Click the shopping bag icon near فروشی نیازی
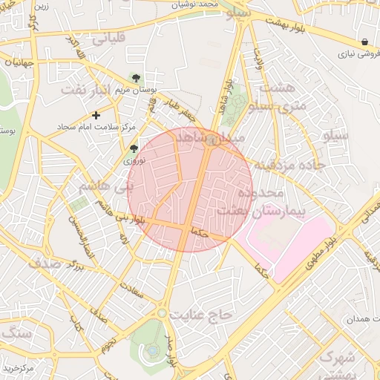pos(364,42)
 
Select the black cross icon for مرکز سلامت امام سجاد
pos(96,115)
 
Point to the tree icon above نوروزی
pos(134,148)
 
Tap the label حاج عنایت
pos(201,315)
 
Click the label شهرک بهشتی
pos(338,367)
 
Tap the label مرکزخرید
pos(19,368)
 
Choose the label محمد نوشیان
pos(197,4)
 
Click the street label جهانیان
pos(16,62)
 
